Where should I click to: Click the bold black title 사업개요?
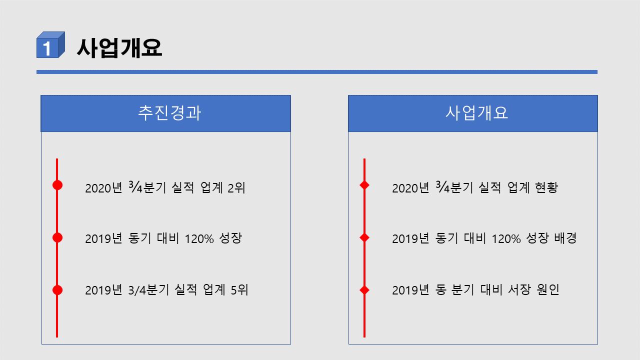click(119, 48)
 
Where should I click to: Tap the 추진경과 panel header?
click(165, 113)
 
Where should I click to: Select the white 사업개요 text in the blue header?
click(476, 113)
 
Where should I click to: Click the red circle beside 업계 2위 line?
click(57, 185)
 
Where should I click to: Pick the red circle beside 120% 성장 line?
click(57, 237)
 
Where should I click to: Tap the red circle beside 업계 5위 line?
click(57, 289)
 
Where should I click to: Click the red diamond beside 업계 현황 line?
click(364, 185)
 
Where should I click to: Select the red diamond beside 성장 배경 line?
click(364, 237)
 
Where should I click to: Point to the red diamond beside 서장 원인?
click(364, 289)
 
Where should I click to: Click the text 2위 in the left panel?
click(236, 188)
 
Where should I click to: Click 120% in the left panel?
click(199, 238)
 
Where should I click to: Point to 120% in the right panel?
click(506, 238)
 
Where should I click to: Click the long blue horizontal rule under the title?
click(317, 72)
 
